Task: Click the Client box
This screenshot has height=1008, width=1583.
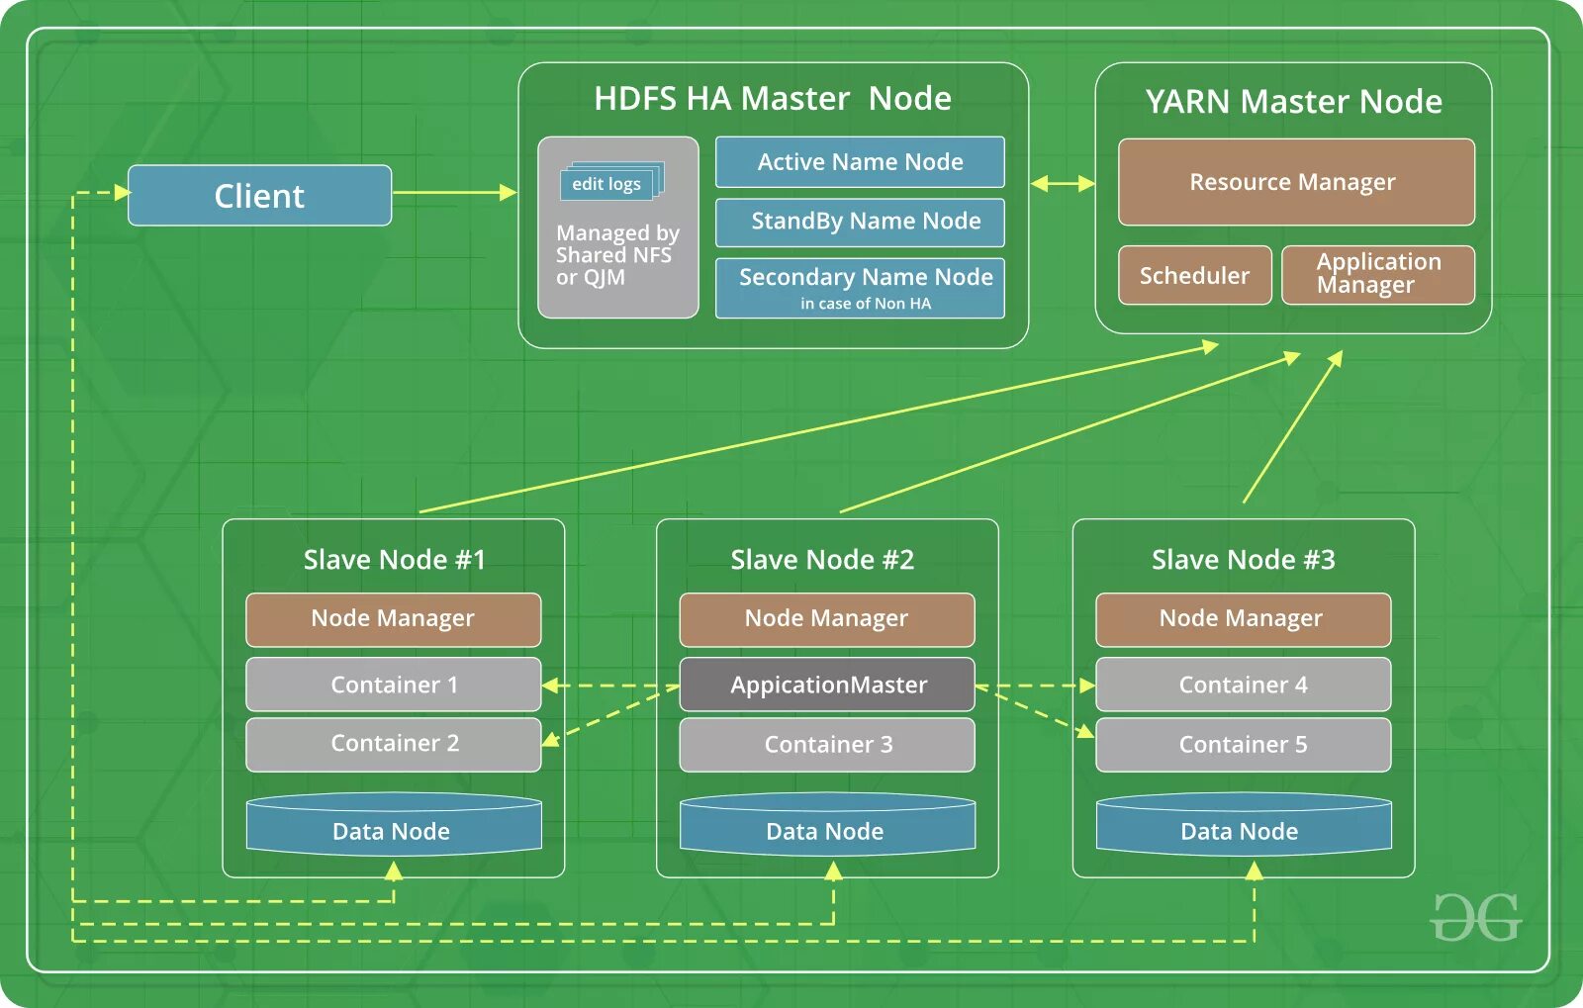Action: [259, 196]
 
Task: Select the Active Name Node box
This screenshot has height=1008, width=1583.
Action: [860, 162]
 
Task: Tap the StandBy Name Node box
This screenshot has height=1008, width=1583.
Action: [860, 223]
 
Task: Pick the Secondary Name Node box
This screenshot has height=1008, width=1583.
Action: [860, 288]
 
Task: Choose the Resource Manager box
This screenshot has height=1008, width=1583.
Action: [1295, 182]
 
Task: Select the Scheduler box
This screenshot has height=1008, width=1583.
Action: [1194, 275]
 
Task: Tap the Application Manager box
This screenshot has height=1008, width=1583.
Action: [1377, 275]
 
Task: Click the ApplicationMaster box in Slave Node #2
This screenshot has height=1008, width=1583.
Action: [827, 685]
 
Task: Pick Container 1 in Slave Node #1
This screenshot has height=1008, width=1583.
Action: [393, 685]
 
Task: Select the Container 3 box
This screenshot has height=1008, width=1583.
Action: [827, 744]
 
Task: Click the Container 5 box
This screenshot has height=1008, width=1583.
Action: [1243, 744]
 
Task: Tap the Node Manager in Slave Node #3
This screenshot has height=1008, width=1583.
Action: [1243, 619]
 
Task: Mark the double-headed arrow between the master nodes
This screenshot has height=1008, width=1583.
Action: [1063, 183]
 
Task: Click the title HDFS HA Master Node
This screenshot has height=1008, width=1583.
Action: [773, 99]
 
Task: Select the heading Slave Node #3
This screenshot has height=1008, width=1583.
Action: [1243, 560]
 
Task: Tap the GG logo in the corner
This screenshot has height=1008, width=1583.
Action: [1474, 918]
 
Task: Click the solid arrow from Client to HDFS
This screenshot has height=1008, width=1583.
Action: [453, 192]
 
